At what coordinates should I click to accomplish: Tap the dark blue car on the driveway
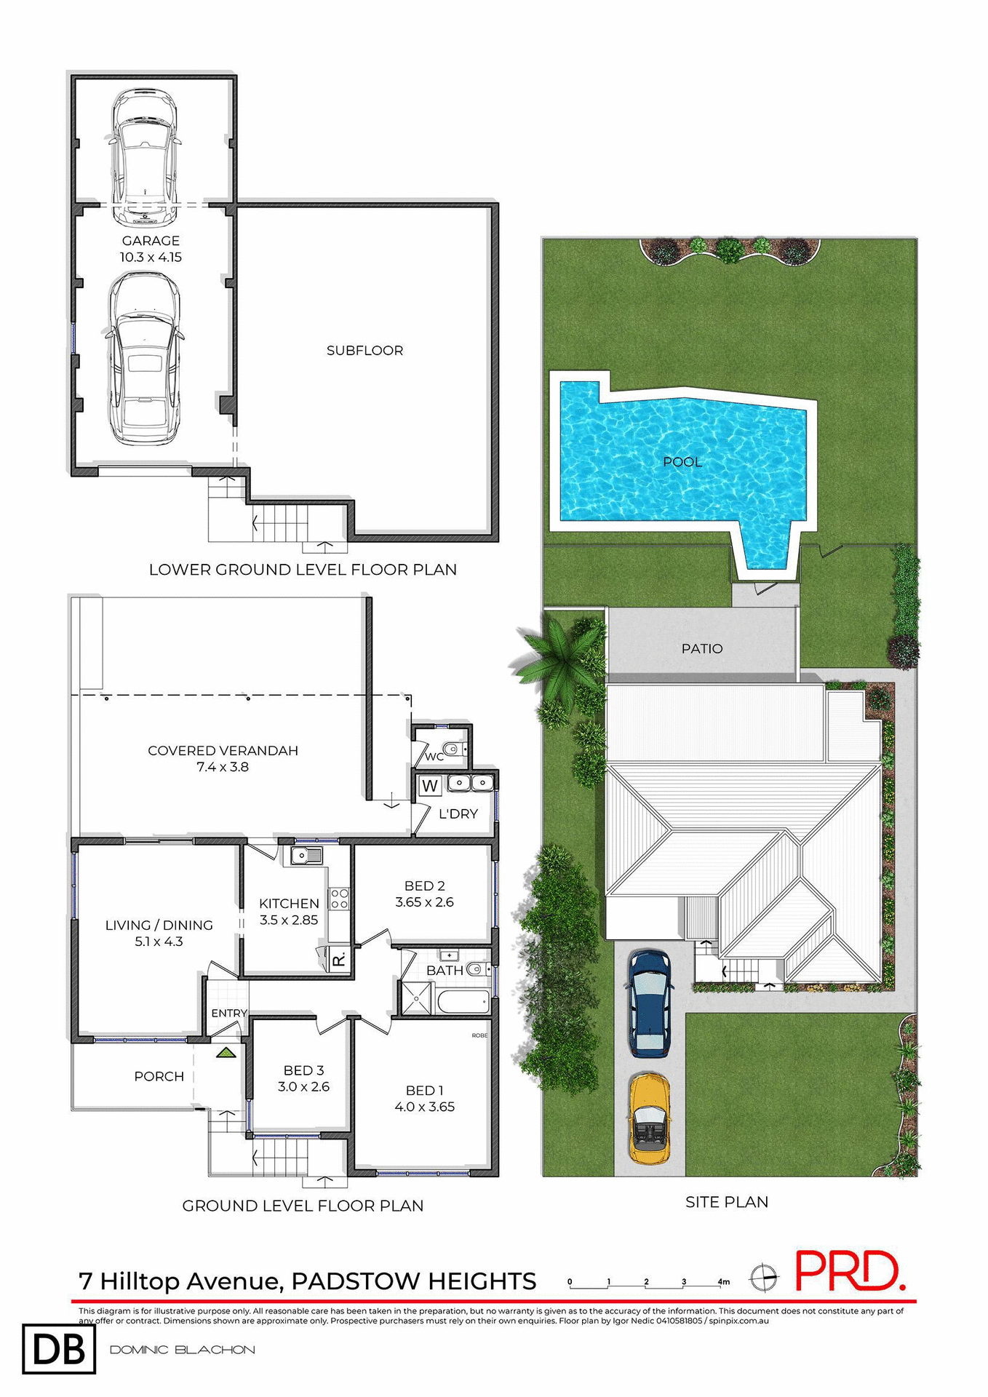[x=649, y=1002]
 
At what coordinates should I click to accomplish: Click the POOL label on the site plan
[x=682, y=462]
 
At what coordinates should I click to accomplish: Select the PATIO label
[x=701, y=648]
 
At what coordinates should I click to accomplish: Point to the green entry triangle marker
[x=226, y=1052]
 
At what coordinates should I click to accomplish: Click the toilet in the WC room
[x=454, y=748]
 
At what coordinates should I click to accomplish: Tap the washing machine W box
[x=430, y=786]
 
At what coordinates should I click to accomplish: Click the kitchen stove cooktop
[x=339, y=898]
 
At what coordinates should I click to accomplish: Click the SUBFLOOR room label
[x=364, y=351]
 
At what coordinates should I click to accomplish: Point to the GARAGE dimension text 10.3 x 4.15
[x=151, y=257]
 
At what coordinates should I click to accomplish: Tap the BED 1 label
[x=424, y=1090]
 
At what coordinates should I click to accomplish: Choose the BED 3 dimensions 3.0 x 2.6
[x=303, y=1086]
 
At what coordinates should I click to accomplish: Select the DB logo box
[x=59, y=1349]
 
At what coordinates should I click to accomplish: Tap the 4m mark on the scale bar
[x=722, y=1281]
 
